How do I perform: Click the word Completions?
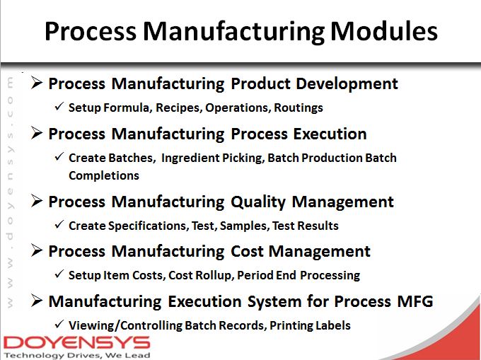coord(103,175)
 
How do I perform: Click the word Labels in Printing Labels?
coord(332,325)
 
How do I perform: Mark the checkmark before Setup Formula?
coord(59,107)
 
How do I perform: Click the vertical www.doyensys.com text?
coord(11,191)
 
